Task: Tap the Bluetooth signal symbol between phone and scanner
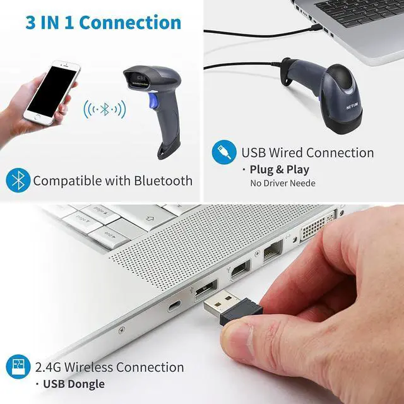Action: point(105,110)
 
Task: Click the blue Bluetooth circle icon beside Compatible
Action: point(18,181)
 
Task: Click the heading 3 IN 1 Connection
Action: point(103,23)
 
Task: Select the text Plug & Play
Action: point(280,169)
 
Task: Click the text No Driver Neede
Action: point(283,184)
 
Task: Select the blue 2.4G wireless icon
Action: point(18,367)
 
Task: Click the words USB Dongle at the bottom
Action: point(74,384)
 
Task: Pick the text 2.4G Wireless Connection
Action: point(110,367)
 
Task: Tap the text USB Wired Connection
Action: point(307,153)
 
